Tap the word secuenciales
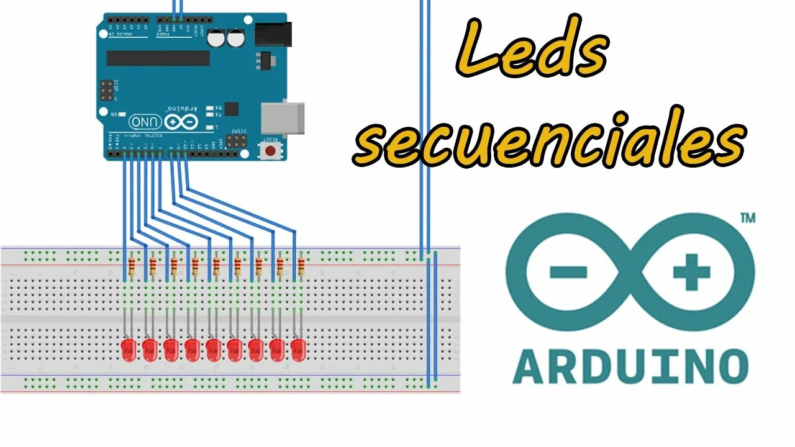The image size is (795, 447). [x=550, y=145]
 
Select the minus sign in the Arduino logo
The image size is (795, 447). [x=568, y=272]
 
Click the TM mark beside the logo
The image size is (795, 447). [x=748, y=219]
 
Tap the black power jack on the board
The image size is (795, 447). [x=273, y=34]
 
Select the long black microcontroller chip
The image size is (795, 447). [x=158, y=58]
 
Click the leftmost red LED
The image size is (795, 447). [x=129, y=350]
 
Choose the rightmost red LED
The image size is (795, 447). [x=299, y=350]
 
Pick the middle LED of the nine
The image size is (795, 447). [x=214, y=350]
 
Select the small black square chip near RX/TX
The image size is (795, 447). [x=231, y=109]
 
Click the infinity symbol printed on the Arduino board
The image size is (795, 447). [x=181, y=121]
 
